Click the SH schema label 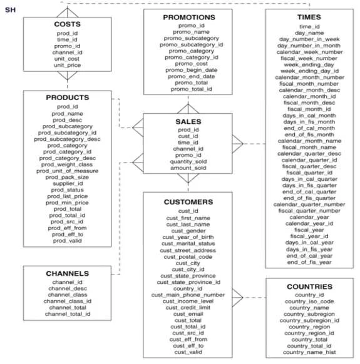pos(10,10)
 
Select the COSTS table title pos(68,24)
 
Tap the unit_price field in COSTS pos(68,65)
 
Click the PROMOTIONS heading pos(189,18)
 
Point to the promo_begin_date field pos(192,70)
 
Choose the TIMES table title pos(309,17)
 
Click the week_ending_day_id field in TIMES pos(309,71)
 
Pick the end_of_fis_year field pos(309,262)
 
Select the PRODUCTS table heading pos(68,98)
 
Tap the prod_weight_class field pos(67,164)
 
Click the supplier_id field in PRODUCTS pos(68,184)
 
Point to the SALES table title pos(188,121)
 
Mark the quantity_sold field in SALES pos(188,161)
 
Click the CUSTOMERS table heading pos(188,202)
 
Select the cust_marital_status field pos(188,243)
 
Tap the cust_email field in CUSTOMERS pos(188,314)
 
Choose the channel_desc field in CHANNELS pos(68,288)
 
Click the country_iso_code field pos(309,301)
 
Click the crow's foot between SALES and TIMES pos(237,144)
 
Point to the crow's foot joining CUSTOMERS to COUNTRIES pos(237,298)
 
